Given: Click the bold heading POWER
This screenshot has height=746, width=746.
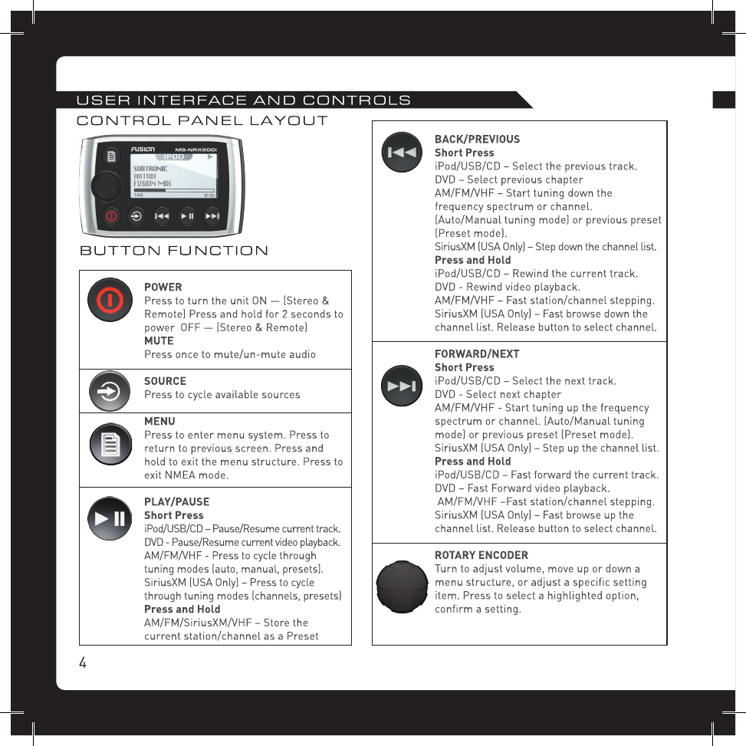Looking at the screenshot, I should [163, 287].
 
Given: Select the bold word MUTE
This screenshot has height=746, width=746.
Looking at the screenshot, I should [159, 340].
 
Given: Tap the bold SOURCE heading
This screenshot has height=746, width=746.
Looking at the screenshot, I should [165, 381].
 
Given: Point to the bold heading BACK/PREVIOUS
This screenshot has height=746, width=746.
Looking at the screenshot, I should [477, 140].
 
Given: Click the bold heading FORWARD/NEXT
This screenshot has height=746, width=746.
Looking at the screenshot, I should [477, 354].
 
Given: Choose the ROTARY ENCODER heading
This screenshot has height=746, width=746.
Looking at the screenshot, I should [481, 555].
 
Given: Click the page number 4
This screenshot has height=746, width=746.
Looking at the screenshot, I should [82, 662].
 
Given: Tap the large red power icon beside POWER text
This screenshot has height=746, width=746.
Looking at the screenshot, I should [108, 299].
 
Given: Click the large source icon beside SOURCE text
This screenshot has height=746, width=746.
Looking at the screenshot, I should [108, 392].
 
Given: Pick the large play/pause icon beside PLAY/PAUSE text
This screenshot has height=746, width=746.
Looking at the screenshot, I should [108, 518].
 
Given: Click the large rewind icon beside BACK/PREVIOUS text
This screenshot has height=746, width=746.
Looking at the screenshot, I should [402, 153].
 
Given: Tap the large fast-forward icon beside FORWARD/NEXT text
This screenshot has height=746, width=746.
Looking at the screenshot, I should [402, 386].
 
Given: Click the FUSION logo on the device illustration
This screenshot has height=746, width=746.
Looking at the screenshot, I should [143, 149].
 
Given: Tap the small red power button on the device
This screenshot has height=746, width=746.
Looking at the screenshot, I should [111, 216].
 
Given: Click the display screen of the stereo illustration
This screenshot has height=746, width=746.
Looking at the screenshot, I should [173, 176].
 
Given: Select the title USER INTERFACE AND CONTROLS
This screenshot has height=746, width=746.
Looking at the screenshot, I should [244, 100].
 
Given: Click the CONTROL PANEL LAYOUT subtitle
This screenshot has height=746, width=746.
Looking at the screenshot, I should [202, 120].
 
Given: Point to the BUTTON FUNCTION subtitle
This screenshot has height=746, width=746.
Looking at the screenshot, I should [175, 251].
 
